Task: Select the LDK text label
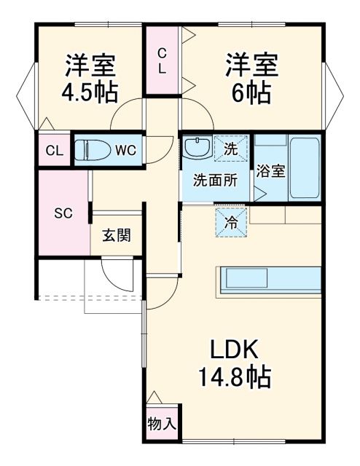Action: coord(235,351)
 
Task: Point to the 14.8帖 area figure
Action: coord(235,378)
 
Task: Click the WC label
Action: coord(125,151)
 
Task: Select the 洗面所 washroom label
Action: coord(214,181)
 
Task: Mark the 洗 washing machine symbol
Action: coord(230,148)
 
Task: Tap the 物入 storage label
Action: coord(160,423)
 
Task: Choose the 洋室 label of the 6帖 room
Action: coord(251,65)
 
